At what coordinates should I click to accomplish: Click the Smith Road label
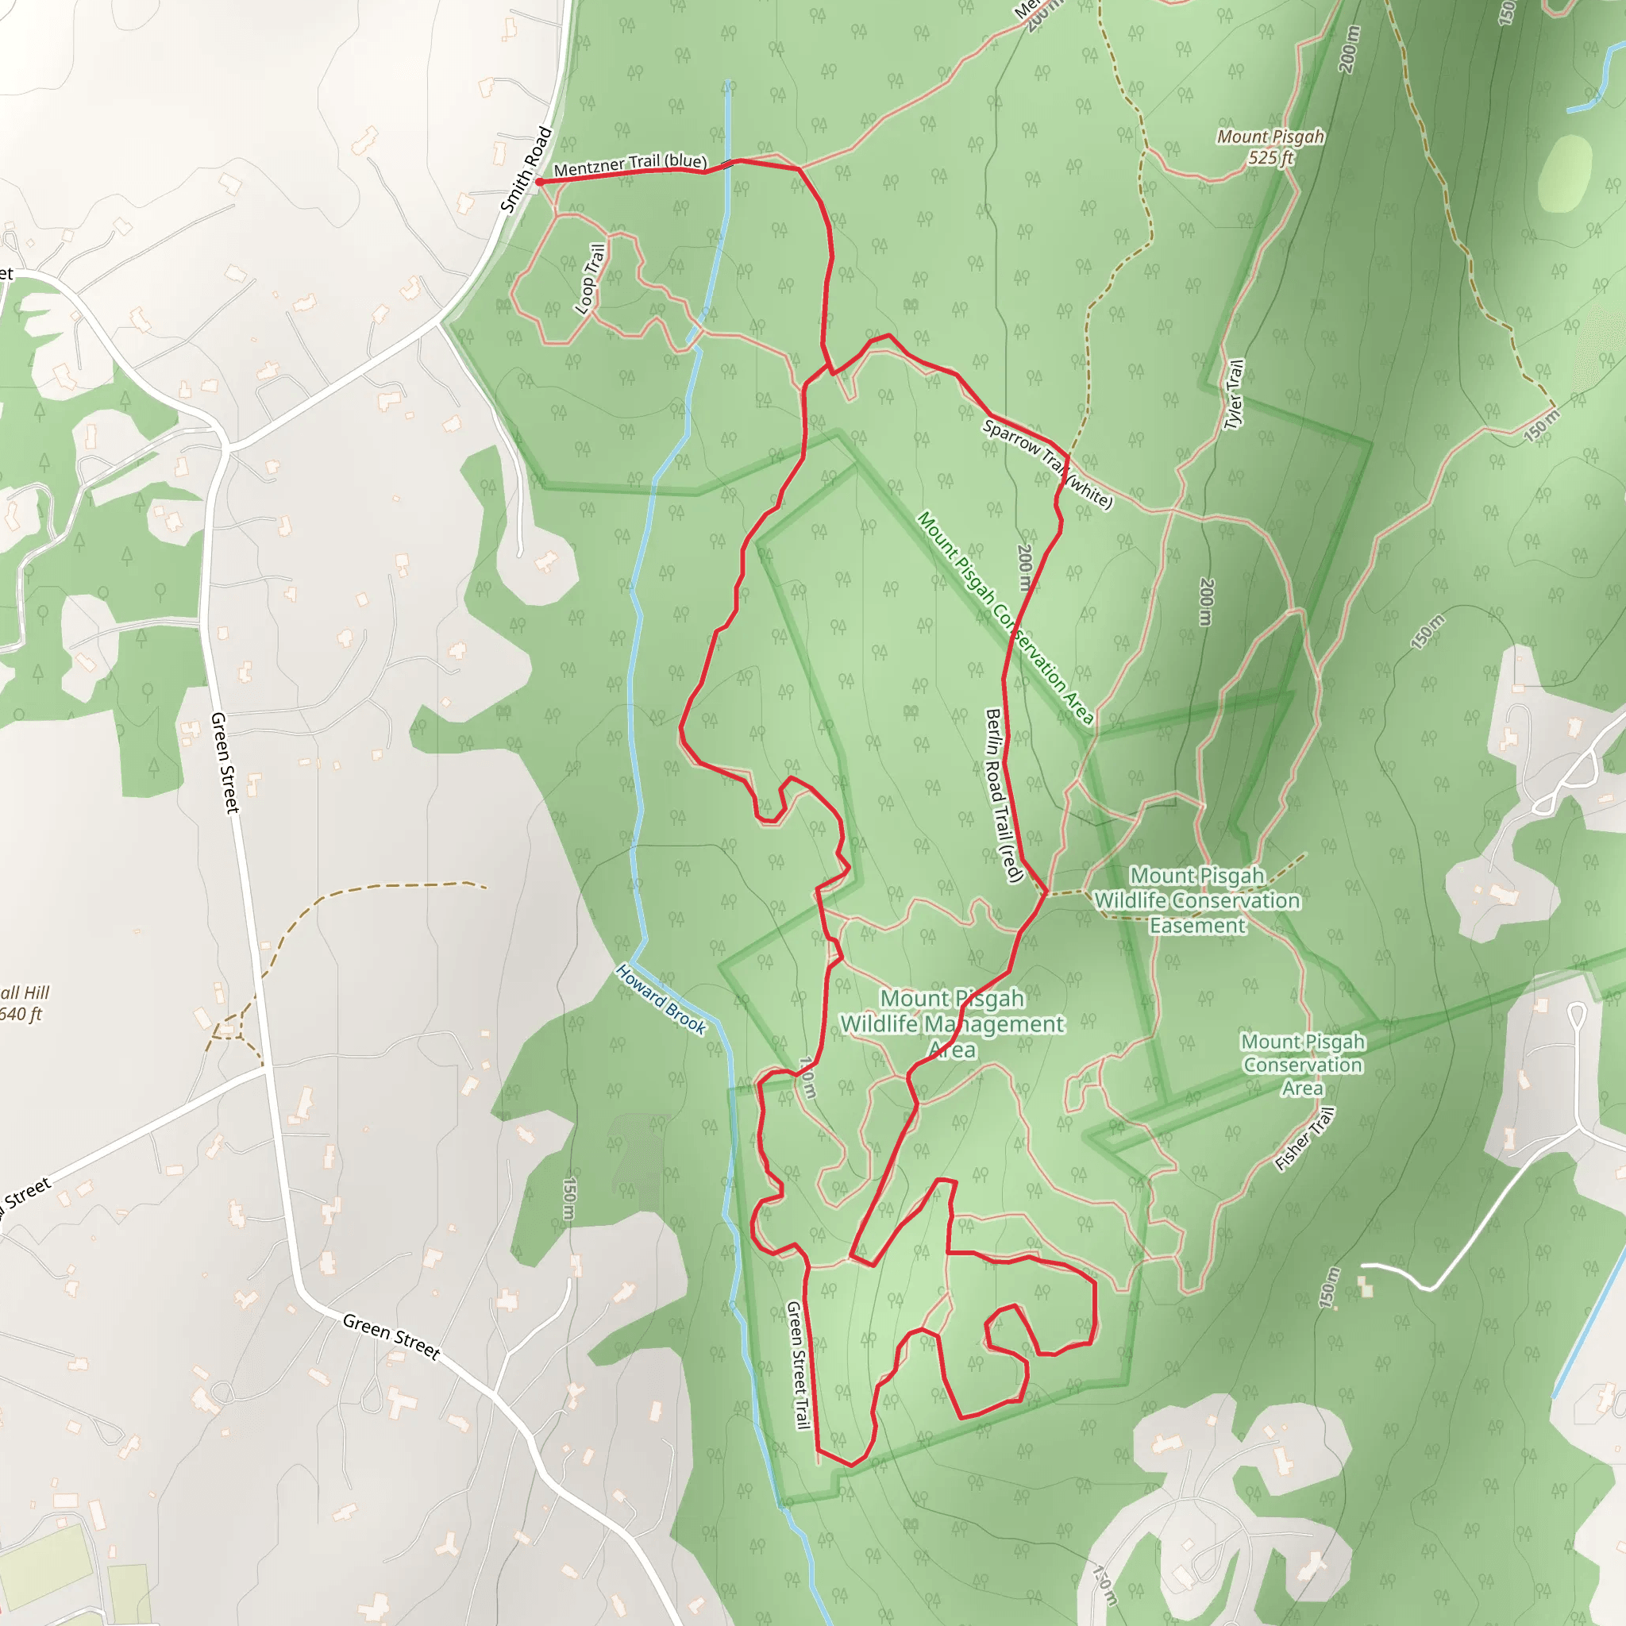(526, 170)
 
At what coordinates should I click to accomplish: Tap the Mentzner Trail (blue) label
(630, 164)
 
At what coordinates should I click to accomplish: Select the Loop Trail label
(590, 279)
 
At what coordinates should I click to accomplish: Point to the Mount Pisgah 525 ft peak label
(1270, 146)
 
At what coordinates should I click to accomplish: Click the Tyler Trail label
(1233, 394)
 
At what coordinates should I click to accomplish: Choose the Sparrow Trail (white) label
(1048, 464)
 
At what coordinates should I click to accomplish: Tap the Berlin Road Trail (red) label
(1004, 796)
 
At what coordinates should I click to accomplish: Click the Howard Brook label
(661, 998)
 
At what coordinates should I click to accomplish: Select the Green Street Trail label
(797, 1364)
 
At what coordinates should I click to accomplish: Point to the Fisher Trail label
(1304, 1139)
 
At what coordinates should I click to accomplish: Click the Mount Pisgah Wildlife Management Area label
(953, 1023)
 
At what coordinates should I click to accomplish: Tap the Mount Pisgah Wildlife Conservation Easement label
(1196, 900)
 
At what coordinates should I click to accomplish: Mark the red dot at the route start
(539, 182)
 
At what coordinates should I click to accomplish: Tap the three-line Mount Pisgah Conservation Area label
(1303, 1065)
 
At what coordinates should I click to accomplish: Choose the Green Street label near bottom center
(391, 1336)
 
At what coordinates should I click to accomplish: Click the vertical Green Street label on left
(225, 762)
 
